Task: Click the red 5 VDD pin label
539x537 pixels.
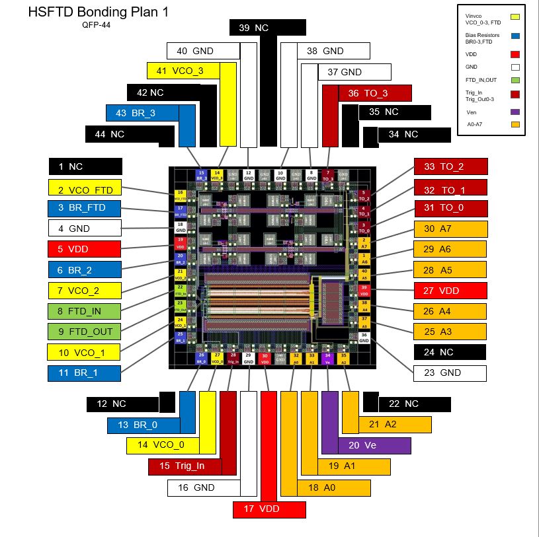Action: click(x=84, y=249)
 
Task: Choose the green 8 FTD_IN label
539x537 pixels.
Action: click(x=84, y=311)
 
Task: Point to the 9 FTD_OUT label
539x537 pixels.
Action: click(x=84, y=332)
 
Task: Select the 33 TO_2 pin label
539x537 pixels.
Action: click(x=450, y=167)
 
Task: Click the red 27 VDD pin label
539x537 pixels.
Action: click(x=450, y=291)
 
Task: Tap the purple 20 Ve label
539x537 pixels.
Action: click(x=374, y=445)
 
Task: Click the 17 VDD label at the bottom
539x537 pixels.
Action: click(x=269, y=509)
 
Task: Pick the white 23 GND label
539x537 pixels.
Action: click(x=450, y=373)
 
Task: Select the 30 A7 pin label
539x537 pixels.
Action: click(x=450, y=229)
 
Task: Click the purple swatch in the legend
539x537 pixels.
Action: click(x=515, y=112)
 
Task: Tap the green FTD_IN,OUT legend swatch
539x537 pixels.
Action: click(x=515, y=80)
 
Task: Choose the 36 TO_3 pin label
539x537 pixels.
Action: click(x=375, y=93)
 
